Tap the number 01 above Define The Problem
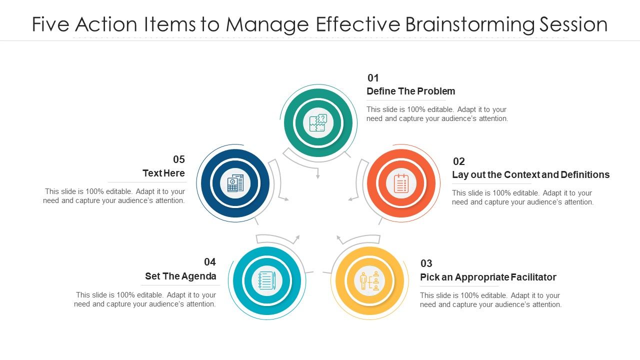[x=373, y=78]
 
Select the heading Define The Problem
[x=410, y=91]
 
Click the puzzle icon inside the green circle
[x=318, y=122]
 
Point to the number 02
[x=458, y=161]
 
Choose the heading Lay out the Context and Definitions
[x=530, y=174]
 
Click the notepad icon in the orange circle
[x=401, y=183]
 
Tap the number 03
[x=426, y=263]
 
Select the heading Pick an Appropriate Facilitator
[x=488, y=277]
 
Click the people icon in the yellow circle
[x=369, y=281]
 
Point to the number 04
[x=209, y=262]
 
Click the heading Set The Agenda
[x=180, y=276]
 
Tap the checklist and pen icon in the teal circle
[x=267, y=280]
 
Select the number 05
[x=179, y=159]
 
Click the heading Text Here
[x=163, y=173]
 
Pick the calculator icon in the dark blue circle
[x=235, y=183]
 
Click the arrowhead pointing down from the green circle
[x=317, y=176]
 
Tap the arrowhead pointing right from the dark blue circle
[x=286, y=199]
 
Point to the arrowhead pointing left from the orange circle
[x=350, y=199]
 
